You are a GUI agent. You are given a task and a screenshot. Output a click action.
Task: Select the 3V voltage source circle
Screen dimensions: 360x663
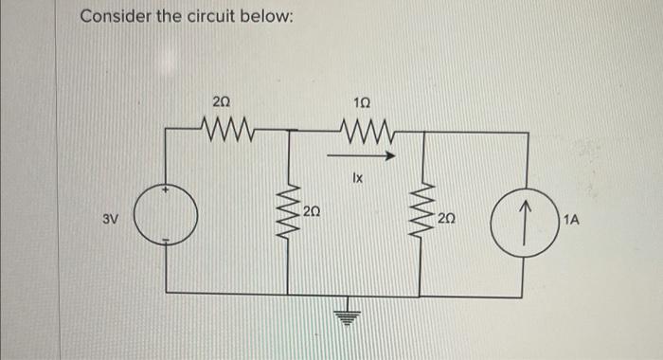(x=168, y=217)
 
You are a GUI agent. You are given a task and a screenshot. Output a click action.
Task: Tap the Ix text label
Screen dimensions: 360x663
(x=357, y=176)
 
